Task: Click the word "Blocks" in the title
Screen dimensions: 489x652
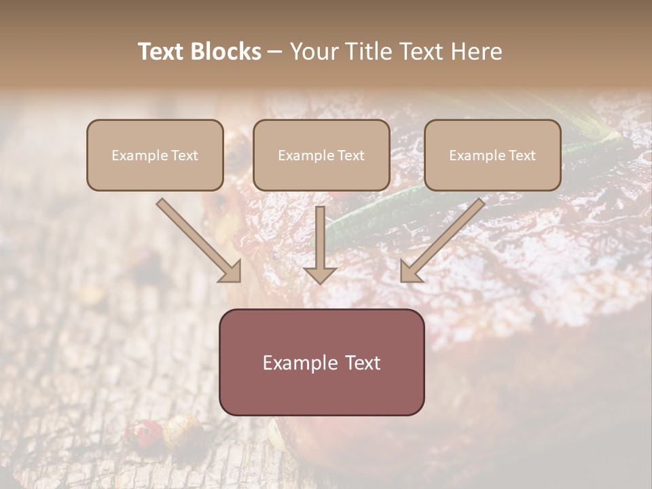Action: point(228,52)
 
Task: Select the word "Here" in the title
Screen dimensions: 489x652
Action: point(477,52)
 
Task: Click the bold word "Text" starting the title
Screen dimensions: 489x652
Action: point(162,52)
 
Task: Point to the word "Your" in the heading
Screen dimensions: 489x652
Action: point(313,52)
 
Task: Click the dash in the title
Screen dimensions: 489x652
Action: point(275,52)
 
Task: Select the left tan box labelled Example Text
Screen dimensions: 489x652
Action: point(155,155)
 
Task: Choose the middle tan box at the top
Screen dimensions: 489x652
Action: point(321,155)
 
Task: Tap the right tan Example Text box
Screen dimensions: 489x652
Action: point(492,155)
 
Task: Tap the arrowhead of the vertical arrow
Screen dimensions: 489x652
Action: point(320,274)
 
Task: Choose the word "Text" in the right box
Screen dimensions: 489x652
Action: point(522,156)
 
